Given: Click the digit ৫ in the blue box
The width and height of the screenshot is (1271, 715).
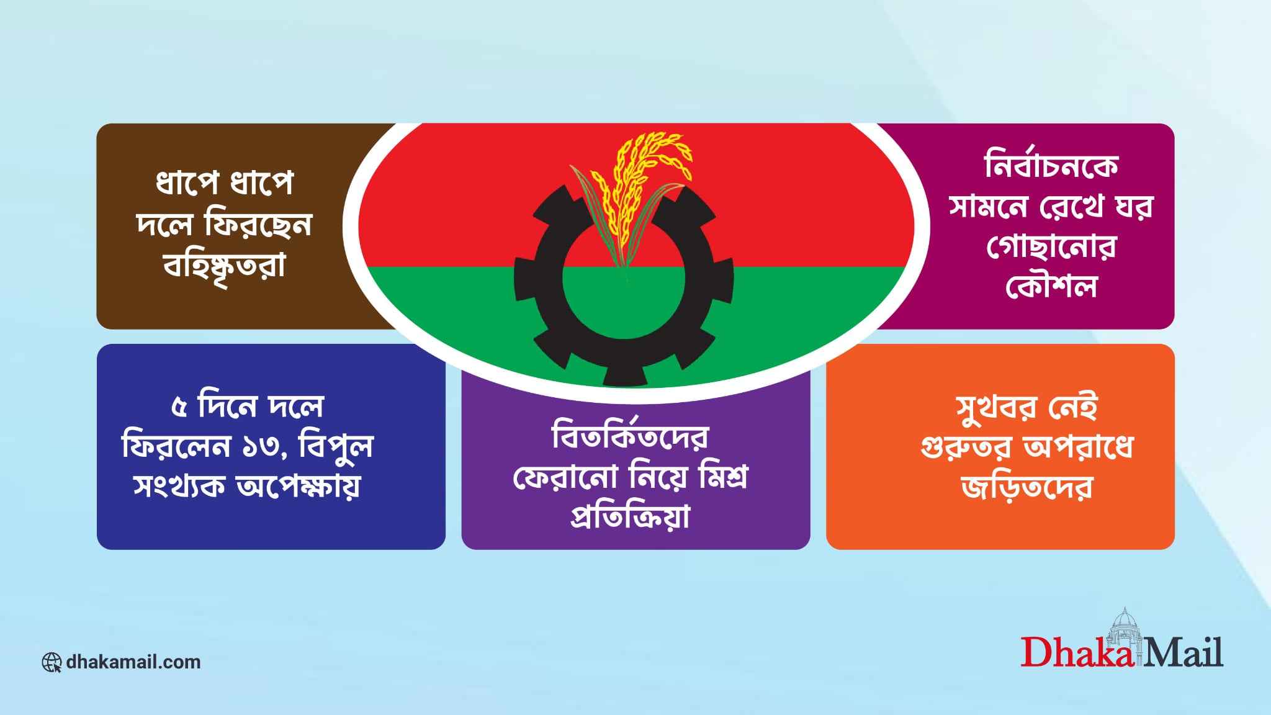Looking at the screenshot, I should [x=180, y=407].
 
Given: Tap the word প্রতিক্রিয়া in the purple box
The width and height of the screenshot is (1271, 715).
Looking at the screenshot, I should [x=630, y=517].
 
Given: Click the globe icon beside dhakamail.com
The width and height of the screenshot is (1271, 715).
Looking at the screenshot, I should [x=52, y=662].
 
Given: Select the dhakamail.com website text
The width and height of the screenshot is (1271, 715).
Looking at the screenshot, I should [x=133, y=662].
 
